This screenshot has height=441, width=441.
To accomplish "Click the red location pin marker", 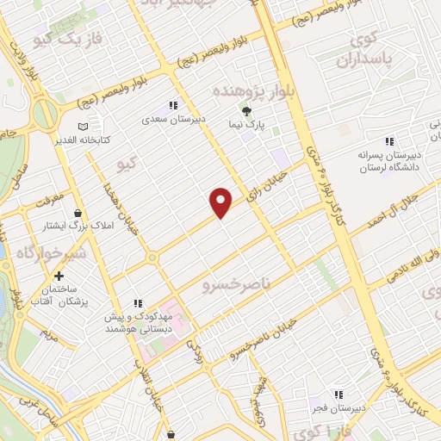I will (221, 202).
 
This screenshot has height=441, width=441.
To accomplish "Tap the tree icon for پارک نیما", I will (247, 111).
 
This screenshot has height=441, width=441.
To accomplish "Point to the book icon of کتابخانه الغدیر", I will (83, 127).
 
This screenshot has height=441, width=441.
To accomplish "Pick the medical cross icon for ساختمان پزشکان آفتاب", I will (59, 276).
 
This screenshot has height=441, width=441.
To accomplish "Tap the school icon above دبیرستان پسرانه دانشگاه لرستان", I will (388, 140).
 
